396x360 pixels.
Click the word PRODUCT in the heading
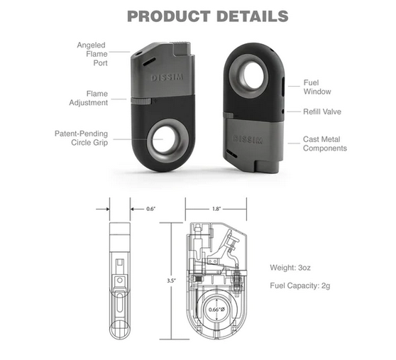click(169, 16)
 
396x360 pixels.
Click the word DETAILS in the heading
click(253, 16)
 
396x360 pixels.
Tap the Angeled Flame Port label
click(92, 54)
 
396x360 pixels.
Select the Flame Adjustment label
click(89, 98)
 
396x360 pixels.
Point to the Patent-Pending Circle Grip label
click(82, 138)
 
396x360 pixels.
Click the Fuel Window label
click(317, 87)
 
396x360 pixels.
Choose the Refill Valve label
click(322, 111)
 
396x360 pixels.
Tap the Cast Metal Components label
click(325, 143)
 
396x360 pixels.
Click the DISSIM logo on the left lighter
click(167, 77)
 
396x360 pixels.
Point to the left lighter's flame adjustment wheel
click(141, 101)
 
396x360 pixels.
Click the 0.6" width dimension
click(150, 209)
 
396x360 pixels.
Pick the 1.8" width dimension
click(216, 209)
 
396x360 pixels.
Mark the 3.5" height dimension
click(171, 280)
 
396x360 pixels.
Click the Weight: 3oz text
click(290, 268)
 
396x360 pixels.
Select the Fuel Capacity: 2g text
click(300, 285)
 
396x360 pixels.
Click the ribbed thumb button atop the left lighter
click(181, 48)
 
